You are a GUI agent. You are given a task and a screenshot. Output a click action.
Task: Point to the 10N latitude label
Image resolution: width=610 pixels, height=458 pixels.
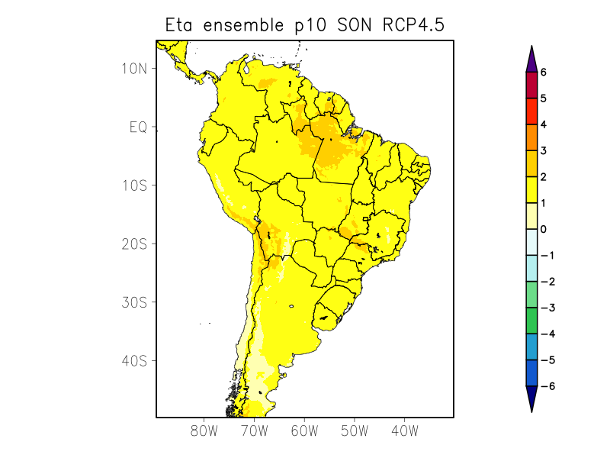[133, 68]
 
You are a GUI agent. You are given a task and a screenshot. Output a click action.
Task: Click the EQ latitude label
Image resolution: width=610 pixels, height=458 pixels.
[137, 127]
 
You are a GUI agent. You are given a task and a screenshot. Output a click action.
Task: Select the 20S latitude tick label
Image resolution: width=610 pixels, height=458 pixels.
[133, 244]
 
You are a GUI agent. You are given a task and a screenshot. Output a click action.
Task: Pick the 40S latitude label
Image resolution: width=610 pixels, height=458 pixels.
[133, 360]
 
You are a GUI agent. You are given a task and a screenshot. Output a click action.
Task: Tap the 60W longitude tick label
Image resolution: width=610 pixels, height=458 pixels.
[304, 431]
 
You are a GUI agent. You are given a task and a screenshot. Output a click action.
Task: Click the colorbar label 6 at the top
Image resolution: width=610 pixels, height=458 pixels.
[544, 72]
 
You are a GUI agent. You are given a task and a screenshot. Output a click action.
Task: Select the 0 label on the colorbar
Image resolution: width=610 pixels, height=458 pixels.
[544, 229]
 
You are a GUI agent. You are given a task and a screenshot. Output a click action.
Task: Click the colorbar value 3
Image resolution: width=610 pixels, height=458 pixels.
[544, 150]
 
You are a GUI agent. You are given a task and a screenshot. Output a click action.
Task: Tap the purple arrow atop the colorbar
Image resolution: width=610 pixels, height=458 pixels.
[531, 59]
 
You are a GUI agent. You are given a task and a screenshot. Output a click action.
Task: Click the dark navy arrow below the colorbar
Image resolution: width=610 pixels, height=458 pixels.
[531, 398]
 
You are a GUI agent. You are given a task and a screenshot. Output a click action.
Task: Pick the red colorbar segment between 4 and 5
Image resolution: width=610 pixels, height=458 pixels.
[531, 111]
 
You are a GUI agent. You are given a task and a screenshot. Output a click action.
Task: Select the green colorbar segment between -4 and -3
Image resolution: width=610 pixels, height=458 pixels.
[531, 321]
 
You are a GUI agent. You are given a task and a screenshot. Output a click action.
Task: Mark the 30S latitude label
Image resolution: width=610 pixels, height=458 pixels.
[133, 302]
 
